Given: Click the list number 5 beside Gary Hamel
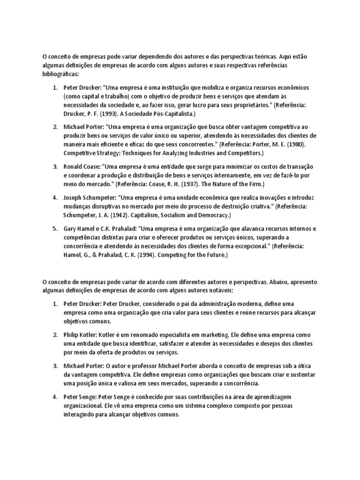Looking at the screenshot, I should (x=54, y=228).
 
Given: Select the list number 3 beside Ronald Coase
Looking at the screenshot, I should (x=54, y=166).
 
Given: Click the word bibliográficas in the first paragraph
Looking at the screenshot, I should (x=61, y=74).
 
